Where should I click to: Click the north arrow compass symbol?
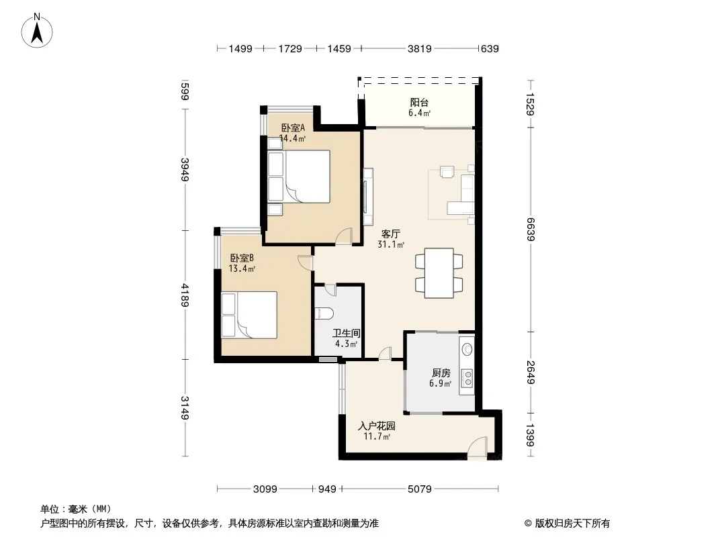pos(37,31)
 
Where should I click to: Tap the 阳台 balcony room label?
pos(419,103)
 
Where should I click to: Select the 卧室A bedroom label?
pos(293,128)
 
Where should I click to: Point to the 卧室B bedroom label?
pos(242,258)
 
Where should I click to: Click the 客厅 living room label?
pos(391,234)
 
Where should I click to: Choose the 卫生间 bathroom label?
pos(346,334)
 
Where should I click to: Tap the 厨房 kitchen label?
pos(441,373)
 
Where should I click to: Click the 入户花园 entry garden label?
pos(377,426)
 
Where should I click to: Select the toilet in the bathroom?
pos(324,313)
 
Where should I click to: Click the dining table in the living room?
pos(439,273)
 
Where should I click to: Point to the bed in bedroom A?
pos(299,177)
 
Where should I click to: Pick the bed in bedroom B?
pos(249,315)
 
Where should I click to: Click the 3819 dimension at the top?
pos(420,48)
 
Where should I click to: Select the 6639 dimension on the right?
pos(530,230)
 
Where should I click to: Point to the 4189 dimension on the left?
pos(185,295)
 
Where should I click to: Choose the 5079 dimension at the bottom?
pos(420,489)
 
